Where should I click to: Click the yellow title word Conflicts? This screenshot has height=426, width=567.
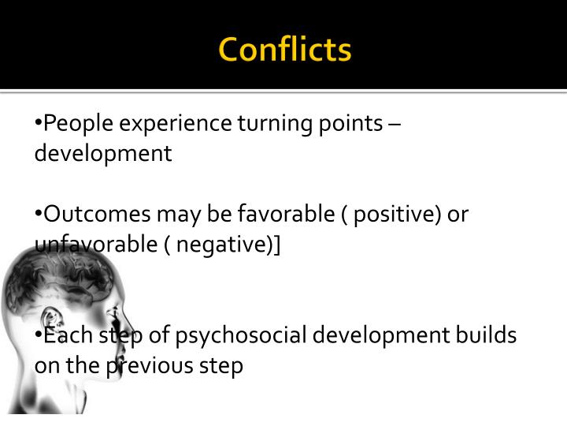tap(284, 50)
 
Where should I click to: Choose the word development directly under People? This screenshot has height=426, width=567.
tap(102, 153)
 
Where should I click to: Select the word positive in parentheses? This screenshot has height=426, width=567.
tap(391, 215)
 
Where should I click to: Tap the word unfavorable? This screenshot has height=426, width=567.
tap(95, 245)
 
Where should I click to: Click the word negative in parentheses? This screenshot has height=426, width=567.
tap(222, 245)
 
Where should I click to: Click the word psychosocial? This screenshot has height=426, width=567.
tap(241, 336)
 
